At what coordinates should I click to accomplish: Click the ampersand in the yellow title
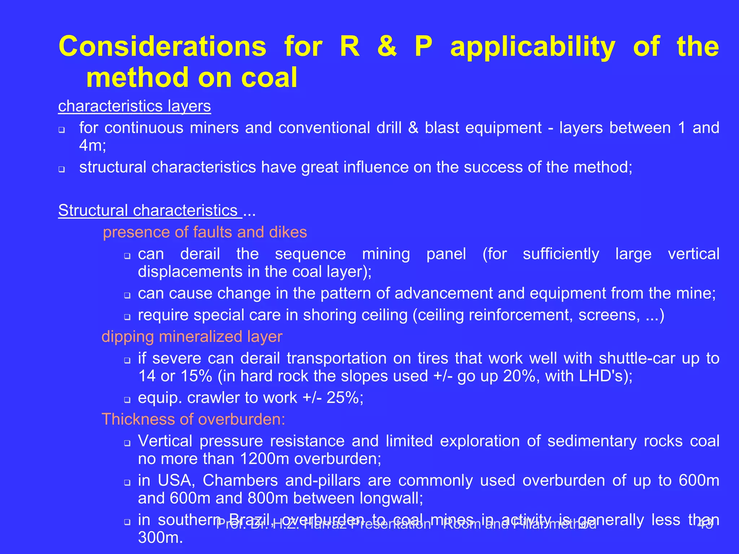coord(387,47)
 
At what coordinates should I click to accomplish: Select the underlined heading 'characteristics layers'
coord(135,106)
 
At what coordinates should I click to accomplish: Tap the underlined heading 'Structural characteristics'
coord(148,210)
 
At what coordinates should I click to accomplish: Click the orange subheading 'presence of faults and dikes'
coord(205,232)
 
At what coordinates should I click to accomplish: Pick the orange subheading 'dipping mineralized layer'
coord(192,337)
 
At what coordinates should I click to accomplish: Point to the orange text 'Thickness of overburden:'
coord(193,419)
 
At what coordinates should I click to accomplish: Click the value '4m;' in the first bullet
coord(93,145)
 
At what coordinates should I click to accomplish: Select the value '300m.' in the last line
coord(161,538)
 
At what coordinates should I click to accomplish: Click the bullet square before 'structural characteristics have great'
coord(62,169)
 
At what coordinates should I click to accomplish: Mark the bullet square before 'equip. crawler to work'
coord(127,400)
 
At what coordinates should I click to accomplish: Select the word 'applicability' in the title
coord(533,47)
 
